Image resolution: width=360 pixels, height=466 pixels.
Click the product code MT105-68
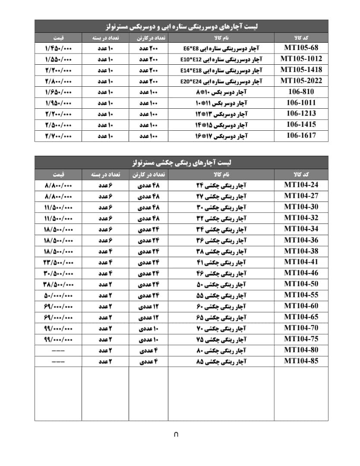point(301,47)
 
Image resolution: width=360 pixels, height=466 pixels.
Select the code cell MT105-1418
point(301,69)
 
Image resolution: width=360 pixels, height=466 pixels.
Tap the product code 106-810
point(301,91)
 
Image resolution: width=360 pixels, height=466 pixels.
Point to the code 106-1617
point(301,135)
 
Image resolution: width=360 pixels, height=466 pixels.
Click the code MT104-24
point(301,185)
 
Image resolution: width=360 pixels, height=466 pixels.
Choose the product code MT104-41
point(301,262)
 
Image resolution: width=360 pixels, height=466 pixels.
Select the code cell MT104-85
point(301,361)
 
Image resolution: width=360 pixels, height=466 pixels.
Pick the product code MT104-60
point(301,306)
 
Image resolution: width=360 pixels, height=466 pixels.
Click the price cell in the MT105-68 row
point(58,48)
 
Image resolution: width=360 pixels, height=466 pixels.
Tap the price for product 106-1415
point(58,125)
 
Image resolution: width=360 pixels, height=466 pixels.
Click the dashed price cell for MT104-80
point(58,350)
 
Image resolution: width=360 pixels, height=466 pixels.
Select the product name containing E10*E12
point(221,59)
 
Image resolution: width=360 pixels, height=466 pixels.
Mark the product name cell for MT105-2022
point(221,81)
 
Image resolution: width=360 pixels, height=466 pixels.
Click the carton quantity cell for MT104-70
point(148,328)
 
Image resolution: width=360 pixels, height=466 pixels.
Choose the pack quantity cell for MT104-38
point(105,251)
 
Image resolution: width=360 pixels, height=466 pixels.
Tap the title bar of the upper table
point(181,26)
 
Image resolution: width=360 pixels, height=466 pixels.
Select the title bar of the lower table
point(181,162)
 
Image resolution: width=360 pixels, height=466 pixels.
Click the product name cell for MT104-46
point(221,273)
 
